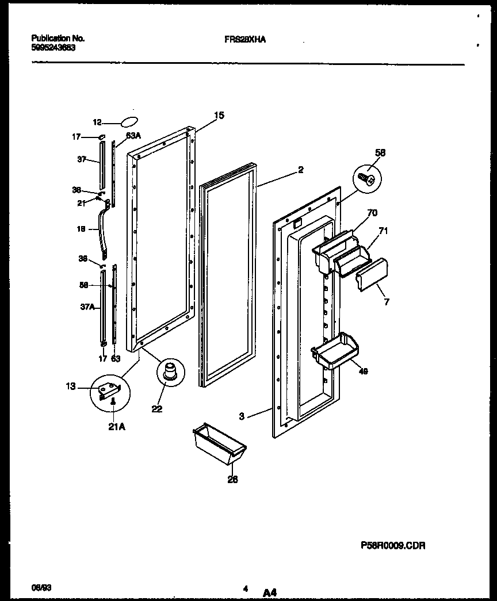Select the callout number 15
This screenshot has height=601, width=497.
tap(219, 116)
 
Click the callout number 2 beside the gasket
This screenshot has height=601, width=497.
tap(300, 170)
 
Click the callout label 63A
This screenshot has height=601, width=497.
tap(133, 136)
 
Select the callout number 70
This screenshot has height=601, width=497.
tap(372, 213)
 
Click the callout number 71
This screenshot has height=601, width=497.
tap(383, 231)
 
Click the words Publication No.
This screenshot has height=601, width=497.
tap(58, 39)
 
